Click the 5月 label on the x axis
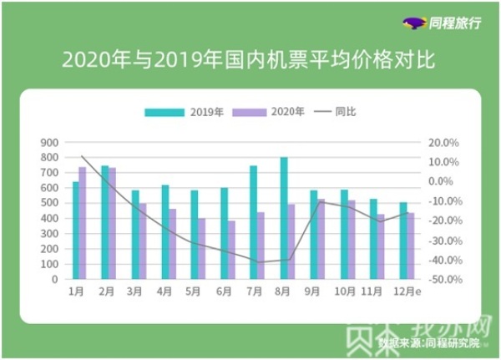click(194, 292)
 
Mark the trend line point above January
click(82, 156)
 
